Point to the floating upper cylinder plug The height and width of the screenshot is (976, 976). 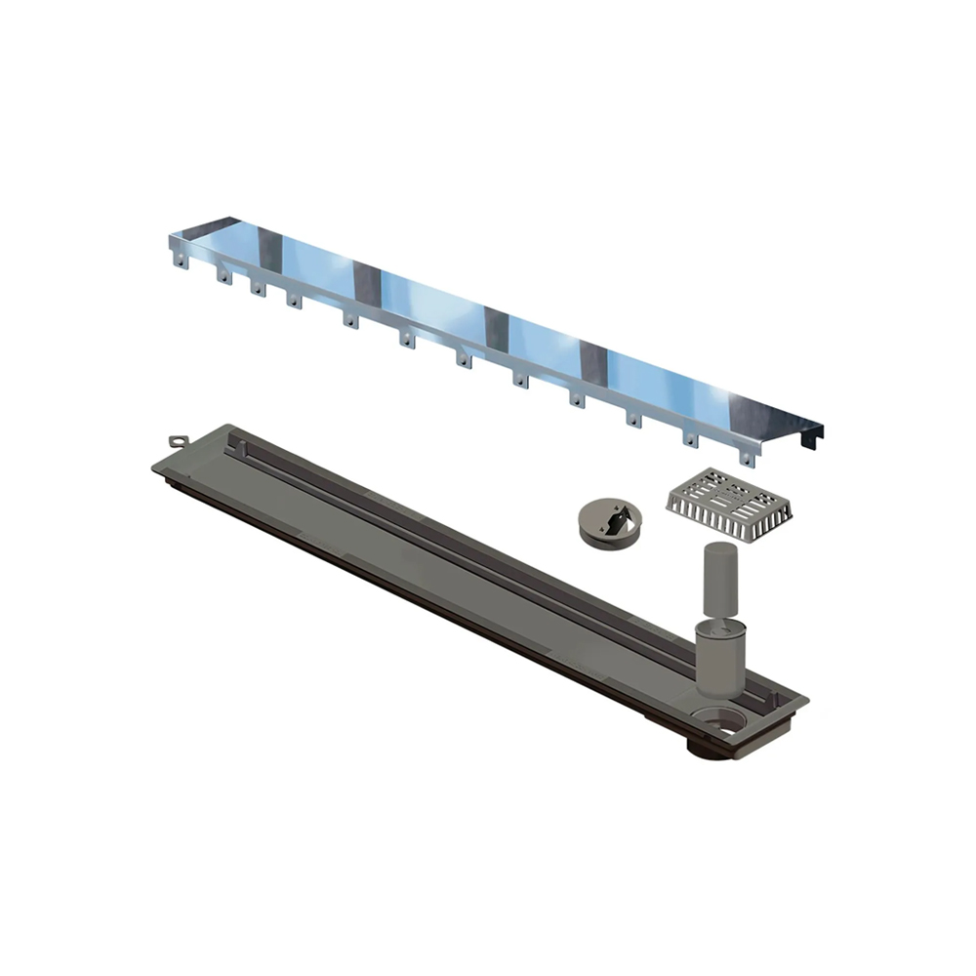718,580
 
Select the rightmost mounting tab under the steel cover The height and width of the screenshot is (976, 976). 748,456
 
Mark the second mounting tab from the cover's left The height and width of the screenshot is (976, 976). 224,275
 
